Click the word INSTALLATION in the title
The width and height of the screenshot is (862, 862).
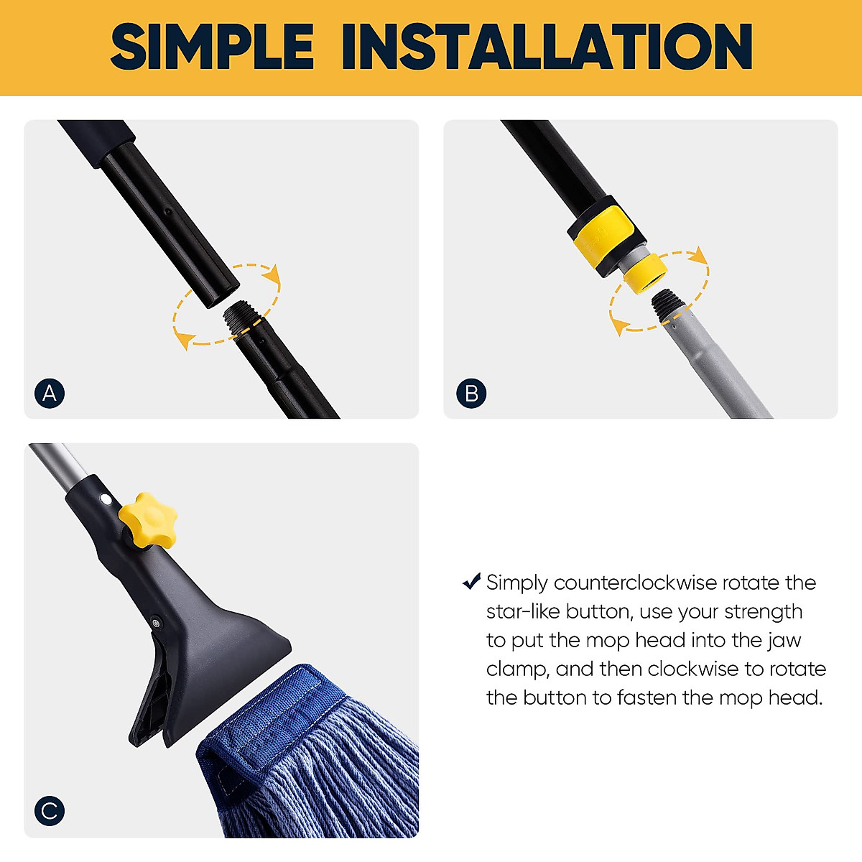click(547, 47)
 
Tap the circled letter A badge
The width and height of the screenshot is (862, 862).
click(50, 393)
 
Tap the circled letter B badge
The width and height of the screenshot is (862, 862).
click(471, 393)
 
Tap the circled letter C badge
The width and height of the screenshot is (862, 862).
click(50, 811)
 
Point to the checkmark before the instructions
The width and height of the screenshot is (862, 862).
click(471, 581)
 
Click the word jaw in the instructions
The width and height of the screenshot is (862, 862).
click(784, 640)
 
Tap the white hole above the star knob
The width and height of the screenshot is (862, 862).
click(106, 499)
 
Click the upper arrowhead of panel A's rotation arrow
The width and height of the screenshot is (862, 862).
click(271, 275)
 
